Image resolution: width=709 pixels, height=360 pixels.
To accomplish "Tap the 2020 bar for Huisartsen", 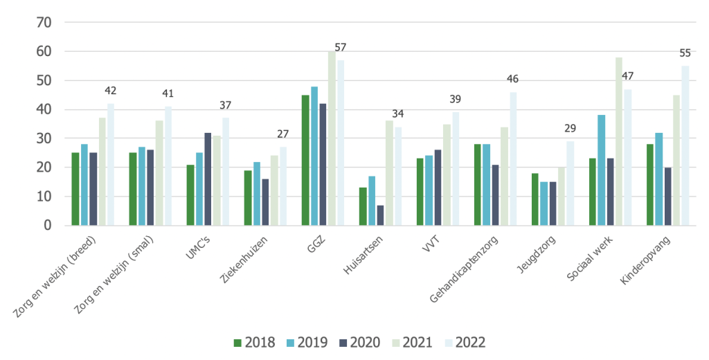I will point(380,215).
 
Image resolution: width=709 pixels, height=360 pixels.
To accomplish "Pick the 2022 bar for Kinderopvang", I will point(685,145).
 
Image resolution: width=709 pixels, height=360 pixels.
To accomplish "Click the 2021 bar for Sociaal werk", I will point(618,141).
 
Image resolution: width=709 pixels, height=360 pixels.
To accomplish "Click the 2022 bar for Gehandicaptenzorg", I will point(512,159).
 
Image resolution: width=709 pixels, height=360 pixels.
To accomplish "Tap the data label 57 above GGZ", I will point(340,47).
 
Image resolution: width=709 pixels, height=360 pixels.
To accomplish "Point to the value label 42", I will point(111,91).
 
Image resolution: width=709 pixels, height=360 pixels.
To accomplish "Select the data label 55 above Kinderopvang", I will point(685,53).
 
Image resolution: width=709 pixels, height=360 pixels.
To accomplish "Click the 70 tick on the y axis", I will point(44,22).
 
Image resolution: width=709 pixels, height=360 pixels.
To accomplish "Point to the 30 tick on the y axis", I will point(44,138).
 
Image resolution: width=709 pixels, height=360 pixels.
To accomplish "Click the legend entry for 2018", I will point(253,342).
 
